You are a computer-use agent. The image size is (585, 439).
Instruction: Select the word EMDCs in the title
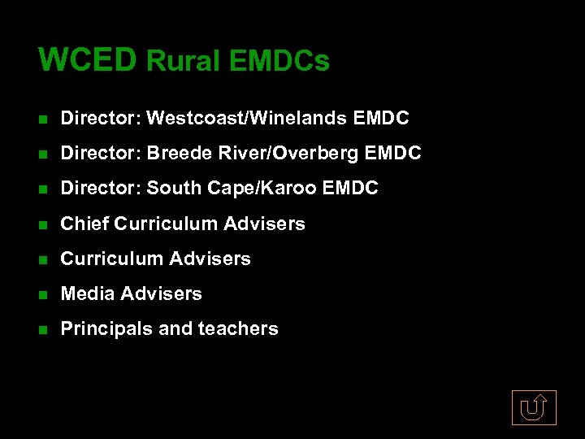pyautogui.click(x=280, y=61)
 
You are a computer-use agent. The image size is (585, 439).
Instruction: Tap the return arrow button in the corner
pyautogui.click(x=534, y=407)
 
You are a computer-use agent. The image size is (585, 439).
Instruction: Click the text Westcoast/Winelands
pyautogui.click(x=247, y=119)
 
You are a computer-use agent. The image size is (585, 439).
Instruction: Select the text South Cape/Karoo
pyautogui.click(x=232, y=189)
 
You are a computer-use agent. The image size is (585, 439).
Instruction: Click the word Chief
pyautogui.click(x=85, y=224)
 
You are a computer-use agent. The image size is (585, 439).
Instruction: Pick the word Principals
pyautogui.click(x=106, y=328)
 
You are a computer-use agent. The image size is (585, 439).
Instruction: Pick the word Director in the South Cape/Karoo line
pyautogui.click(x=102, y=189)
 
